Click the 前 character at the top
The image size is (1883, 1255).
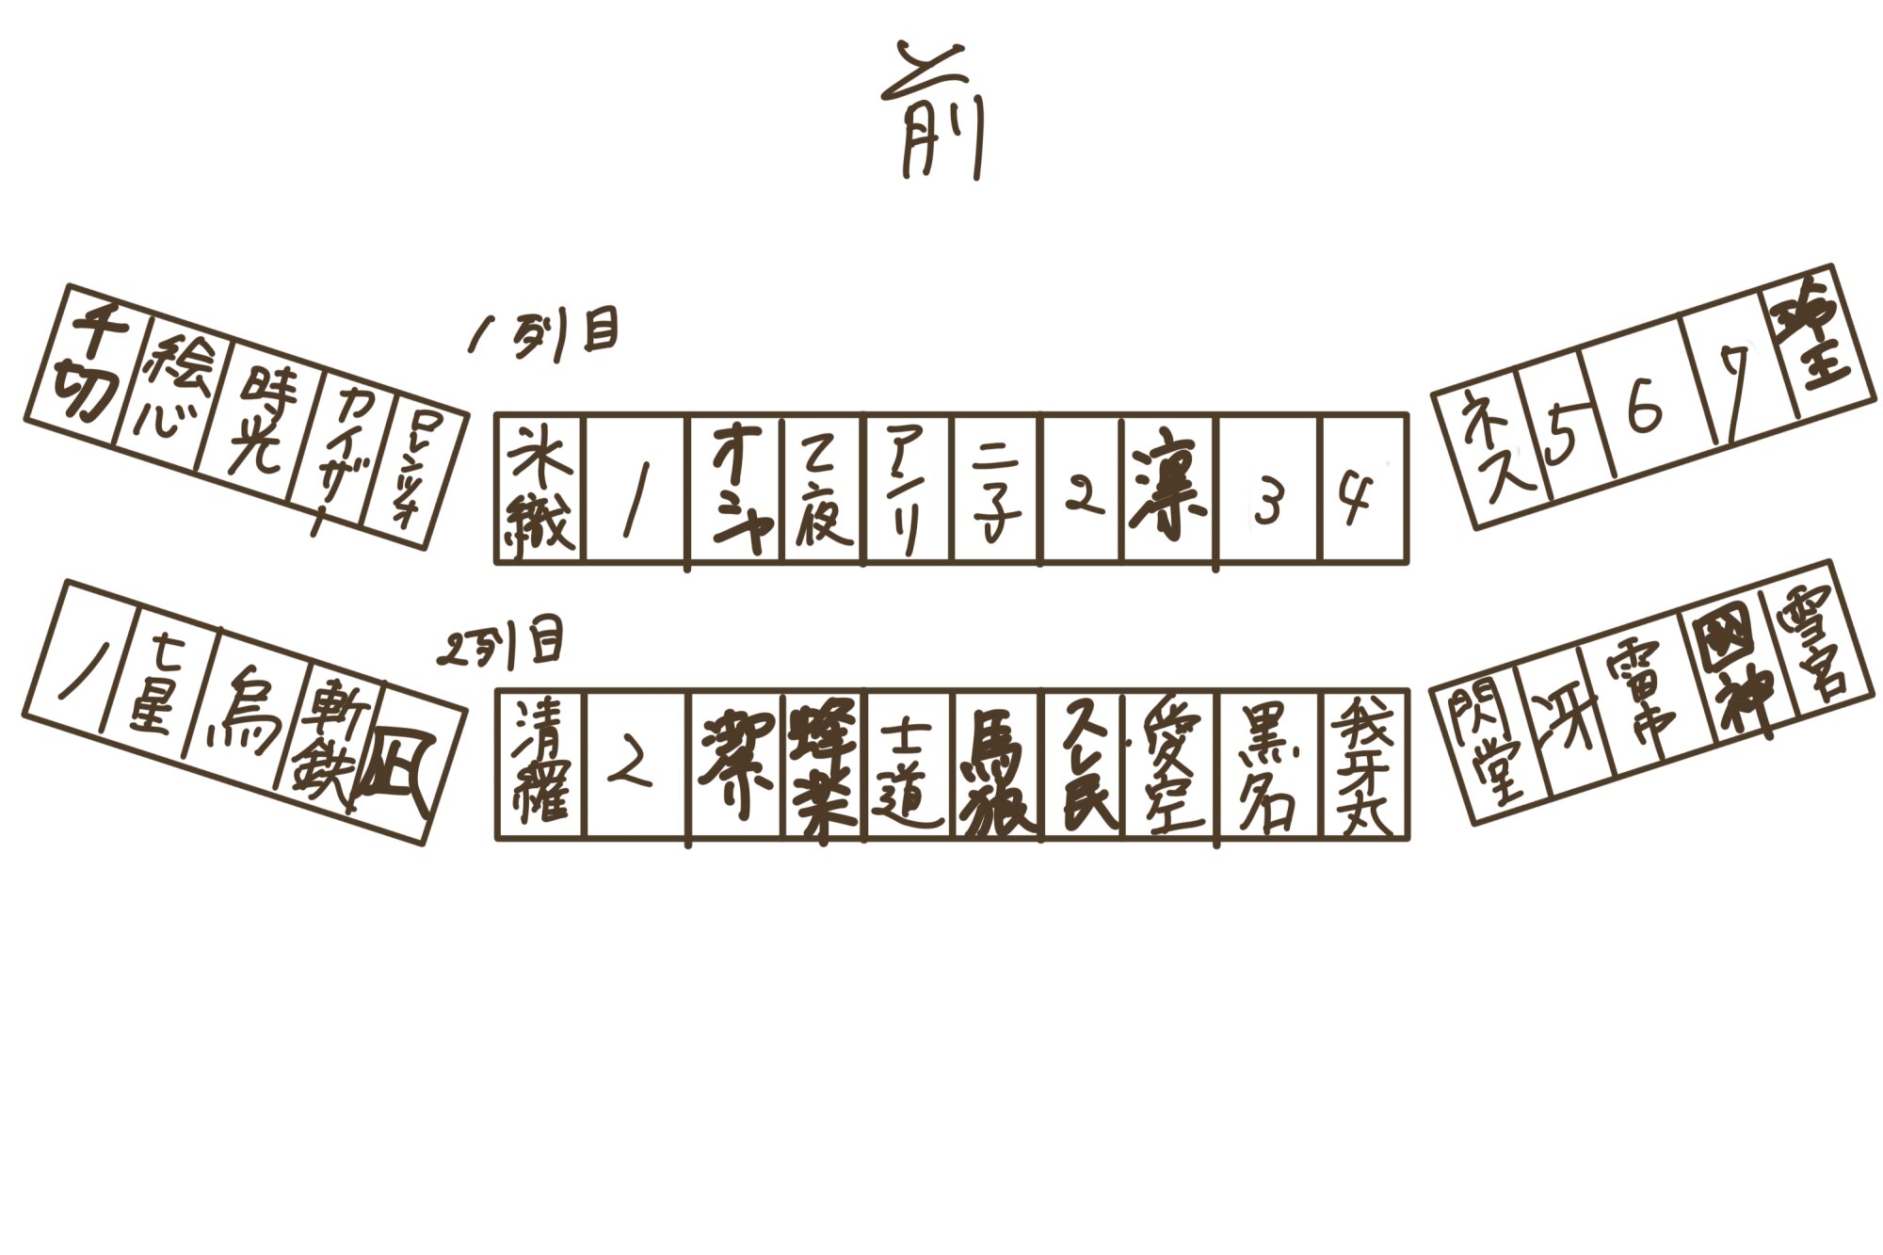[x=932, y=113]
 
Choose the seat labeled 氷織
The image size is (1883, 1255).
[x=540, y=490]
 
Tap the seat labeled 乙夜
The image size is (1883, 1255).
[x=823, y=490]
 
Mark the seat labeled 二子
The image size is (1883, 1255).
[x=998, y=490]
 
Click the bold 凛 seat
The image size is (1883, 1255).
[x=1168, y=490]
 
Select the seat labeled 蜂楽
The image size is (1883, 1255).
[x=824, y=764]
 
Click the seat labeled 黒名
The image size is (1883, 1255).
[x=1268, y=764]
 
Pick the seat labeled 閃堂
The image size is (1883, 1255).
[x=1492, y=746]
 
